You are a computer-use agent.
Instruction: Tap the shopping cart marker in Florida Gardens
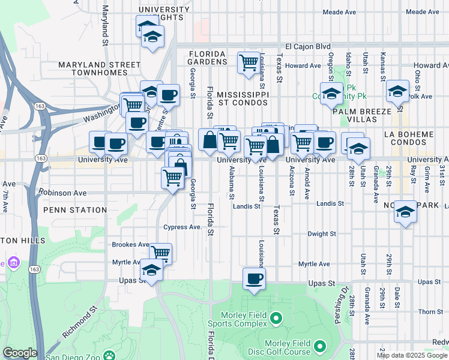click(x=248, y=62)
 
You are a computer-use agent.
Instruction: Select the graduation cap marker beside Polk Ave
click(x=397, y=91)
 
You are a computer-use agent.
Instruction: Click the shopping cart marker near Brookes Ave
click(x=160, y=253)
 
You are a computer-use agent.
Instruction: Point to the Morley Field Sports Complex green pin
click(x=276, y=317)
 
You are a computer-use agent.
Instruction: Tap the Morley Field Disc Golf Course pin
click(x=320, y=346)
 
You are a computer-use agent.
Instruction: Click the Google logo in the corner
click(x=19, y=353)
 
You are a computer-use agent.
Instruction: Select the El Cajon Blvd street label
click(x=308, y=46)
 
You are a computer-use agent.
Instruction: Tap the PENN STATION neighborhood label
click(x=75, y=210)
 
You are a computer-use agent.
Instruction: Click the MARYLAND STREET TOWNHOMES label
click(x=91, y=68)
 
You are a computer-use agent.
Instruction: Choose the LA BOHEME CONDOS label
click(x=419, y=137)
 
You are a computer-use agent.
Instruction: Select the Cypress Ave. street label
click(x=182, y=227)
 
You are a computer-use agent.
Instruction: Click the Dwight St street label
click(x=321, y=234)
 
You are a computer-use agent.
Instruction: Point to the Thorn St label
click(x=430, y=312)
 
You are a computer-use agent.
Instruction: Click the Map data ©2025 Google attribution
click(x=412, y=355)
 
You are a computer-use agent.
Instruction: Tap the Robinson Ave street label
click(x=62, y=193)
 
